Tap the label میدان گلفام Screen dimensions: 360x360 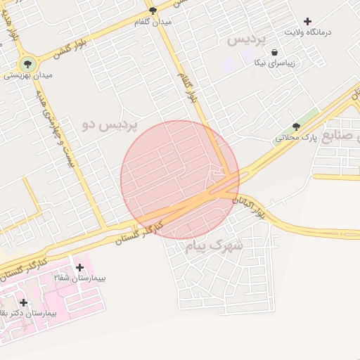pos(153,22)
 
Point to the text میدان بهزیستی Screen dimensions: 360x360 pos(28,74)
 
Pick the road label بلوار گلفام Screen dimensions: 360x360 pos(185,87)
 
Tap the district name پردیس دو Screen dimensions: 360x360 pos(110,125)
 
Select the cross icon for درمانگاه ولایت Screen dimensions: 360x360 pos(307,20)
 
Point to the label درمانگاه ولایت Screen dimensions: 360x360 pos(307,32)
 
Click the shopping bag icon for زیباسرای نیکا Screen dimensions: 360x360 pos(274,52)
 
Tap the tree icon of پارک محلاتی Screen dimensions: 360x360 pos(295,127)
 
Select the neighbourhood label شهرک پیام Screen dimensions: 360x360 pos(214,245)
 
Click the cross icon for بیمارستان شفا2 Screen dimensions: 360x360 pos(79,267)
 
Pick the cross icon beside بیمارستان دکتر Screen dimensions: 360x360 pos(23,302)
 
